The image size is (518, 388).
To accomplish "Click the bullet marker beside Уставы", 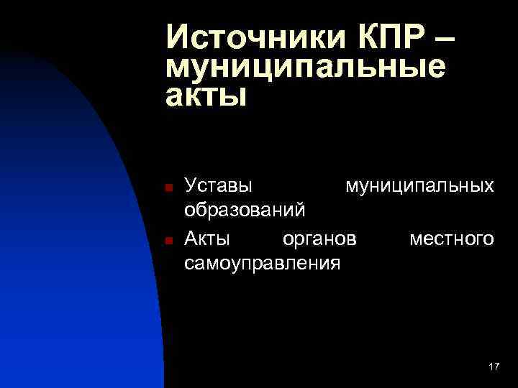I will (x=167, y=188).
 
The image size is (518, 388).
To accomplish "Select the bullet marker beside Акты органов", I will (x=167, y=240).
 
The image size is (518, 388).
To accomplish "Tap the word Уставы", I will (x=219, y=186).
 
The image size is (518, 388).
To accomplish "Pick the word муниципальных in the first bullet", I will (x=419, y=186).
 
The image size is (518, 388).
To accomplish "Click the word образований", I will (x=245, y=211).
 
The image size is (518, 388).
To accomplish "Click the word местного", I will (x=452, y=238).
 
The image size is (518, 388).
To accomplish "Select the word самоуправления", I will (x=262, y=264).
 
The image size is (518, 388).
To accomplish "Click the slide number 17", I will (x=494, y=367).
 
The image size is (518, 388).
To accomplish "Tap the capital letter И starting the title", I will (x=177, y=36).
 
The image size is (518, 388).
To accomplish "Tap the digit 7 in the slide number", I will (x=496, y=367).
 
